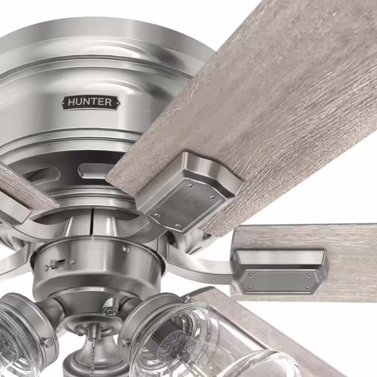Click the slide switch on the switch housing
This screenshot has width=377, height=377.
[57, 264]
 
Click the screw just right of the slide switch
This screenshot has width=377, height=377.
[72, 261]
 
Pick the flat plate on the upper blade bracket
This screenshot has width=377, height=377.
[187, 204]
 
